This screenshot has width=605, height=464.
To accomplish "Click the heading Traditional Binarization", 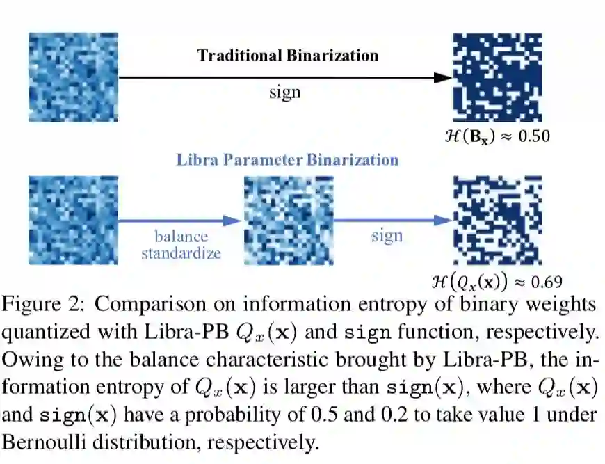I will coord(287,56).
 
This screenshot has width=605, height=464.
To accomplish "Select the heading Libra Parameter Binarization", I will coord(287,159).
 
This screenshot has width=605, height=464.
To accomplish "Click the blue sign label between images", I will coord(387,235).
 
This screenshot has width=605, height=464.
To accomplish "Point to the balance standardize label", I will coord(181,243).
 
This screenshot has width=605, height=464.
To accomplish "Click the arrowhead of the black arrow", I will coord(443,77).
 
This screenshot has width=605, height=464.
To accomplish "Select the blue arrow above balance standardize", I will coord(180,221).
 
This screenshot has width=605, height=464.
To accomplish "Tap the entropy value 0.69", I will coord(546,282).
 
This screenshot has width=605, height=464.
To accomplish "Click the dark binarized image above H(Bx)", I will coord(497,77).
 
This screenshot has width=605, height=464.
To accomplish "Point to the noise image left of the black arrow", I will coord(73,77).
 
